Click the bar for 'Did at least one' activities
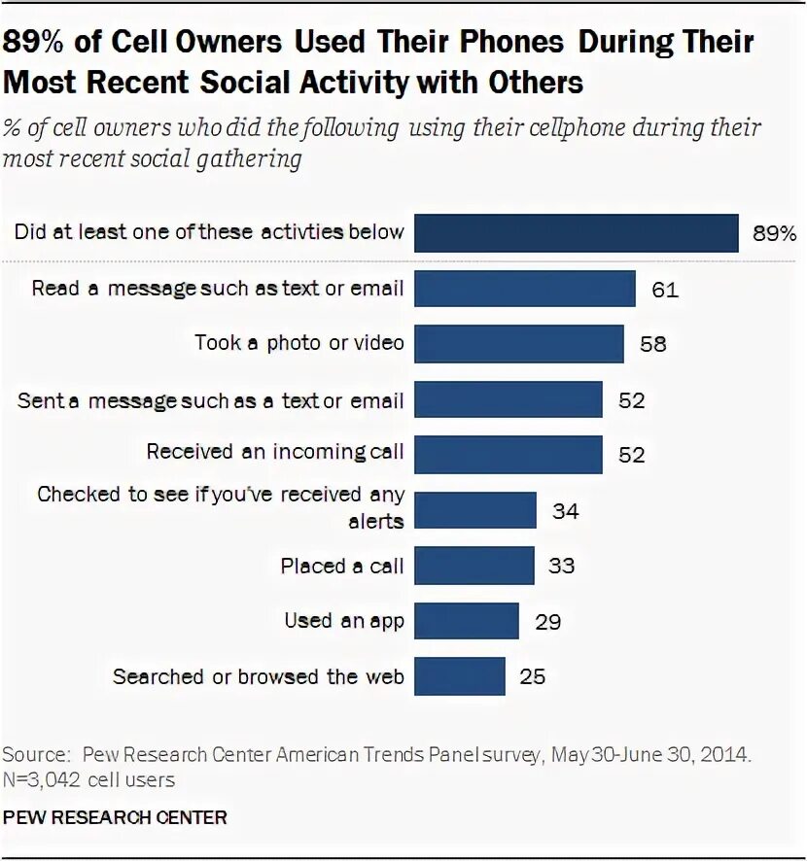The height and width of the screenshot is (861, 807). pyautogui.click(x=576, y=233)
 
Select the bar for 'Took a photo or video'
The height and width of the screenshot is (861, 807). pyautogui.click(x=519, y=343)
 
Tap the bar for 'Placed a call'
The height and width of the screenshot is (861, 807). pyautogui.click(x=474, y=565)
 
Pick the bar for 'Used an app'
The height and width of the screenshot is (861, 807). pyautogui.click(x=467, y=620)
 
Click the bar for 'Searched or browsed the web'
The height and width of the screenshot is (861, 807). pyautogui.click(x=460, y=675)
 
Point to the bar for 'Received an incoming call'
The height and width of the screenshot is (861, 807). pyautogui.click(x=509, y=454)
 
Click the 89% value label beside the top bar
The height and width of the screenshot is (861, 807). pyautogui.click(x=774, y=233)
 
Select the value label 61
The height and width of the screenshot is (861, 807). pyautogui.click(x=664, y=289)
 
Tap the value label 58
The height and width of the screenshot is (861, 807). pyautogui.click(x=652, y=344)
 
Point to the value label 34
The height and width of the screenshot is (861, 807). pyautogui.click(x=565, y=509)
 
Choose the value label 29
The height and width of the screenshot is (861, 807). pyautogui.click(x=547, y=620)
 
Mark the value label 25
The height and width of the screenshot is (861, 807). pyautogui.click(x=533, y=675)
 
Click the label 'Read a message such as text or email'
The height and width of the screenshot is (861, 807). pyautogui.click(x=217, y=289)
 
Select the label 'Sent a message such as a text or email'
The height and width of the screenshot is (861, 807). pyautogui.click(x=210, y=399)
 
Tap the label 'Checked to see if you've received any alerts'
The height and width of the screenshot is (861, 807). pyautogui.click(x=221, y=507)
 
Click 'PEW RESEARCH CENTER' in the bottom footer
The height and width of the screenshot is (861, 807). pyautogui.click(x=116, y=817)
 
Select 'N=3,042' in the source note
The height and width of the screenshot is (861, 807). pyautogui.click(x=39, y=779)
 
